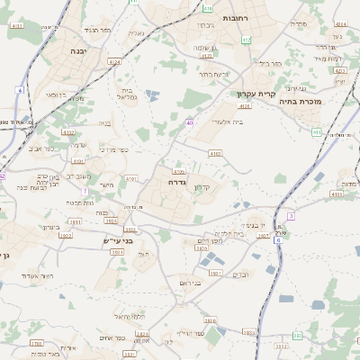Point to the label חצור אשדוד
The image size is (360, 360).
tap(36, 274)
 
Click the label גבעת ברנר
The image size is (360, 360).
tap(216, 74)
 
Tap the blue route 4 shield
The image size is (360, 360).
tap(19, 90)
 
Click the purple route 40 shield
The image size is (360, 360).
tap(190, 122)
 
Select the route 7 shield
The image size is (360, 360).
tap(85, 191)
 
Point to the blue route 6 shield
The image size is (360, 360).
tap(279, 240)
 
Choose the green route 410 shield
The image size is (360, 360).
tap(208, 8)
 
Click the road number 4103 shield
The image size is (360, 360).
tap(215, 154)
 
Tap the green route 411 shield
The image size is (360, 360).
tap(316, 131)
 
